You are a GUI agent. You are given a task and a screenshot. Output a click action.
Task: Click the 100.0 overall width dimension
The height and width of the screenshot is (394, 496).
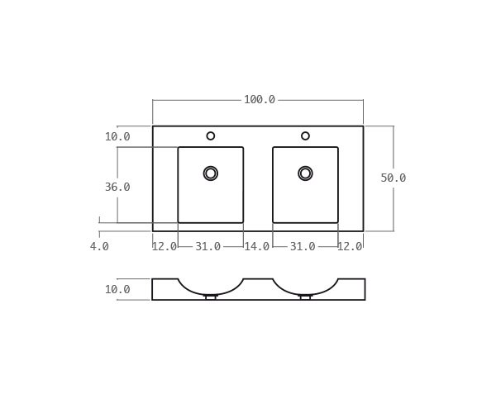pyautogui.click(x=259, y=100)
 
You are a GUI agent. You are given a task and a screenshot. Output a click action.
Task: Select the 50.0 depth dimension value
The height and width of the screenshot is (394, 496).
pyautogui.click(x=393, y=178)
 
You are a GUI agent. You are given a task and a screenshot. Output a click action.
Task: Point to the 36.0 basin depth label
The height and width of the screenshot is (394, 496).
pyautogui.click(x=117, y=188)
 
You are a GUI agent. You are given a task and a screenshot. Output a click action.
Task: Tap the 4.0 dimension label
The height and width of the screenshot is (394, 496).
pyautogui.click(x=99, y=246)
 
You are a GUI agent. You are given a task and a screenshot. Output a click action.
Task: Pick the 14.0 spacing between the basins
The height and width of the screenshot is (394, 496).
pyautogui.click(x=256, y=247)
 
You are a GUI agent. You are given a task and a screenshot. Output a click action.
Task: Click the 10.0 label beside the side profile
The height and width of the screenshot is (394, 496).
pyautogui.click(x=117, y=290)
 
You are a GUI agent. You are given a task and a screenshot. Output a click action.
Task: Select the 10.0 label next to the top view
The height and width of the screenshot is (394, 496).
pyautogui.click(x=117, y=137)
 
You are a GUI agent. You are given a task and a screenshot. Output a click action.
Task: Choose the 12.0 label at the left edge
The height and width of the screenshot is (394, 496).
pyautogui.click(x=165, y=247)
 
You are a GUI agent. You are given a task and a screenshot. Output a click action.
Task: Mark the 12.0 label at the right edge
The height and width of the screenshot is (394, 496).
pyautogui.click(x=350, y=247)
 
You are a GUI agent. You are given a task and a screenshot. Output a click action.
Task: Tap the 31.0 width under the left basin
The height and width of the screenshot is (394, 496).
pyautogui.click(x=208, y=247)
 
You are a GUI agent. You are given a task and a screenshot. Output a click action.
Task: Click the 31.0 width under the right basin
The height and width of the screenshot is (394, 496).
pyautogui.click(x=303, y=247)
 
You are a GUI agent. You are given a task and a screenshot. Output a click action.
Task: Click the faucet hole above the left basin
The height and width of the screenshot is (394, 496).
pyautogui.click(x=211, y=135)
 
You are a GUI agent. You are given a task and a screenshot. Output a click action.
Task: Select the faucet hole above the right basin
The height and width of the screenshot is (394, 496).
pyautogui.click(x=305, y=135)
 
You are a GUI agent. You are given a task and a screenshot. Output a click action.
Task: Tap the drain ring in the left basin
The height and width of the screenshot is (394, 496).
pyautogui.click(x=211, y=173)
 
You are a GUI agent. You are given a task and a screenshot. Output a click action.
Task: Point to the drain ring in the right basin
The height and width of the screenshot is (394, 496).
pyautogui.click(x=305, y=173)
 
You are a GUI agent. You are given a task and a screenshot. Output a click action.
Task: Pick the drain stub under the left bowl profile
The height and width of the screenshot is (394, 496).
pyautogui.click(x=211, y=297)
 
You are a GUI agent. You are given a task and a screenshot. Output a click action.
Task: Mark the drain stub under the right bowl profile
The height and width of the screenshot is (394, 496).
pyautogui.click(x=305, y=297)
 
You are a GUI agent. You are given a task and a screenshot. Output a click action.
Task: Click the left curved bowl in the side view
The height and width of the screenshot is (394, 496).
pyautogui.click(x=211, y=288)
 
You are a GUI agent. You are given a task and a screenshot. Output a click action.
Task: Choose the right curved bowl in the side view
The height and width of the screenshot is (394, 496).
pyautogui.click(x=305, y=288)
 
